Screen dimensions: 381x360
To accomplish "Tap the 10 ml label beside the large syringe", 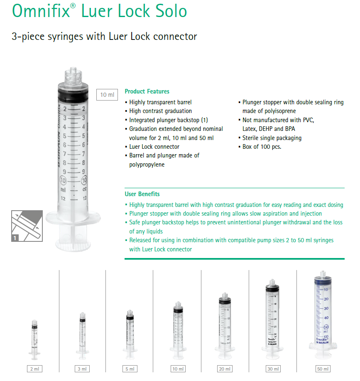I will (x=107, y=95).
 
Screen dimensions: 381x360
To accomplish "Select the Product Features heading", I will (x=147, y=91).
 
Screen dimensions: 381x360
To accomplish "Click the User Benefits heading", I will (x=142, y=194).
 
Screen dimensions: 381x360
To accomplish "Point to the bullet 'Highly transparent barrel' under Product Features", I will (x=160, y=102).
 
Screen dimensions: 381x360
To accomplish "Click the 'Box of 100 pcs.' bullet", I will (x=262, y=147).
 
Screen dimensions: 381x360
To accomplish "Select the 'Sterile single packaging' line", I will (x=272, y=138).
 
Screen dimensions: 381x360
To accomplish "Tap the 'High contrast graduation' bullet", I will (x=160, y=111).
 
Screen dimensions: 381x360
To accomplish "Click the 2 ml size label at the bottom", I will (x=34, y=369).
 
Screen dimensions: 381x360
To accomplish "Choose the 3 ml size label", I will (x=82, y=369).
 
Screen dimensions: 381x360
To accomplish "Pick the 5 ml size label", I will (x=130, y=369).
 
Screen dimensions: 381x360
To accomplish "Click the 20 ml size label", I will (x=225, y=369).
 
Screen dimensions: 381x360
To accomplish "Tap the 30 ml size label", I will (x=273, y=369).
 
